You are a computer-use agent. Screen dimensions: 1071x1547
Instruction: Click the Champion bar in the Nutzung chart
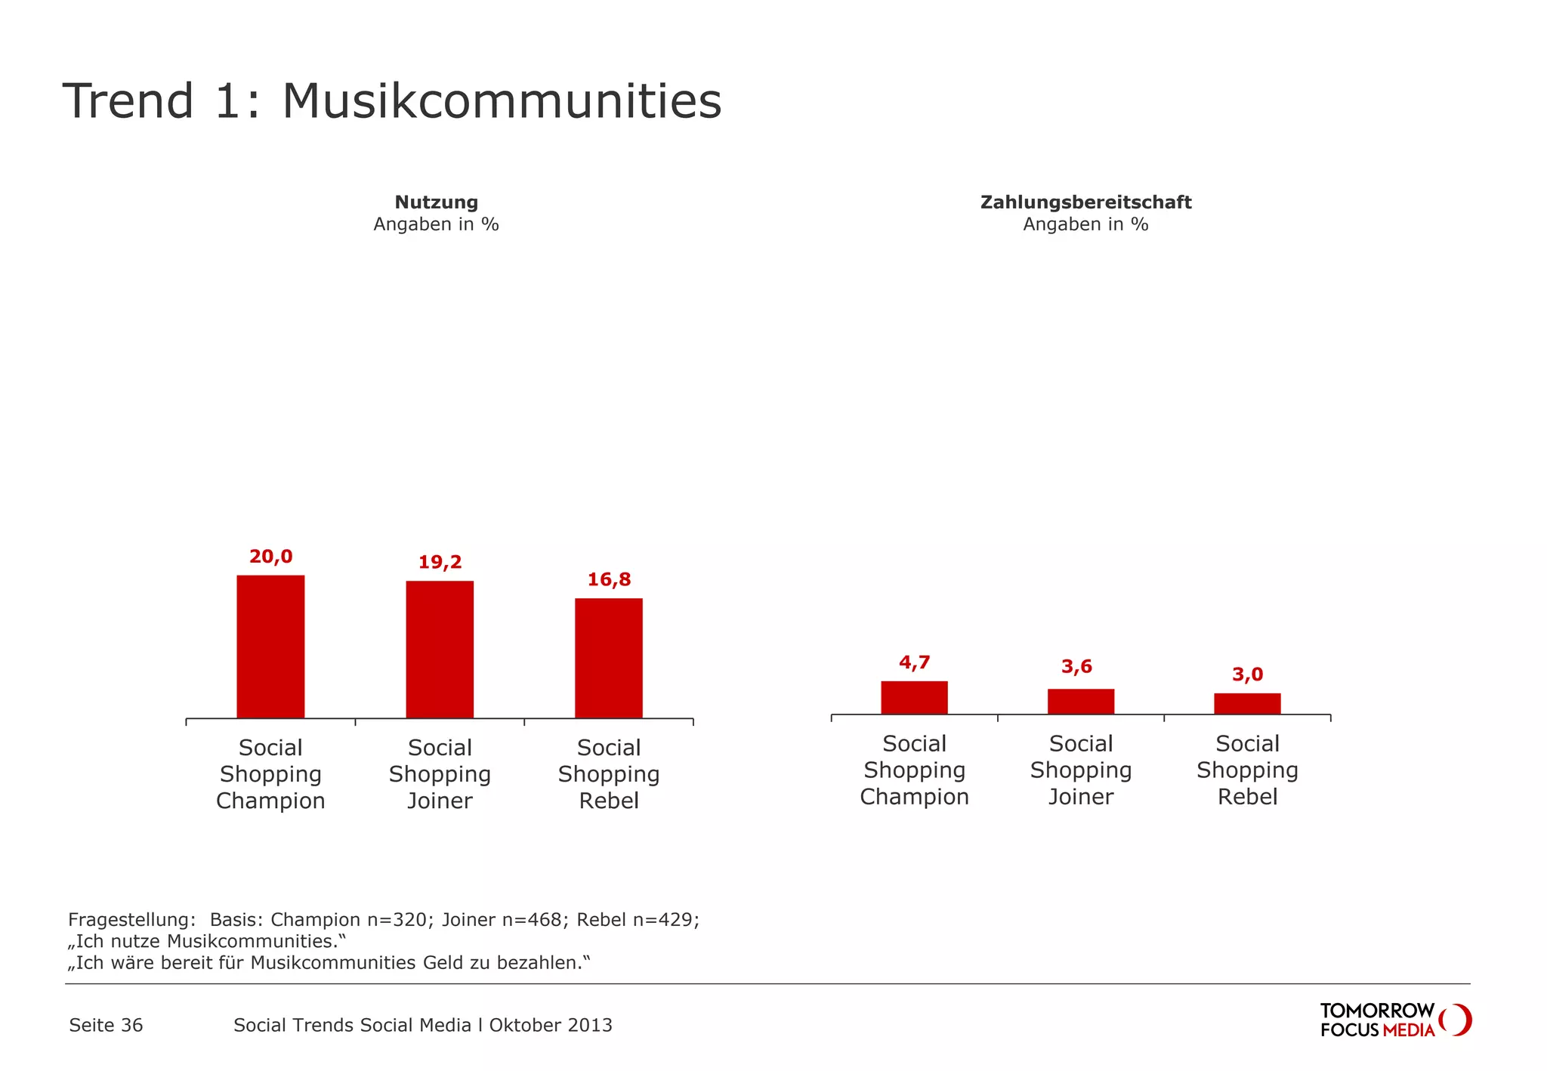point(270,647)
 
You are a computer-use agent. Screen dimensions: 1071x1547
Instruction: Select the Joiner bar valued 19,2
point(440,650)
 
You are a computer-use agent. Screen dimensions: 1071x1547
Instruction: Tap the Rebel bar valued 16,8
point(609,658)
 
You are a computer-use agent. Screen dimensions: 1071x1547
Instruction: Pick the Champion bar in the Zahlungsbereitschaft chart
point(914,698)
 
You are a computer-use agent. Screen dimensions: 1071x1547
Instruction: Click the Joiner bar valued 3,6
point(1080,702)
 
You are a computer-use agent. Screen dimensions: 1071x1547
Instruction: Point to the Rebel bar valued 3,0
point(1247,704)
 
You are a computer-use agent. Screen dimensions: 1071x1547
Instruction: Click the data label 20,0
point(270,557)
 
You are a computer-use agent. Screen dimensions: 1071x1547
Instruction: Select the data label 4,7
point(914,662)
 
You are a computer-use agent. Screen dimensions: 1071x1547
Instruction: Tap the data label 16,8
point(609,579)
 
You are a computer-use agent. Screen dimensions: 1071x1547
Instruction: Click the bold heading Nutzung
point(436,202)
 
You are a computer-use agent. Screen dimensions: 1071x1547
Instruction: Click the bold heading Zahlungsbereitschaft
point(1085,202)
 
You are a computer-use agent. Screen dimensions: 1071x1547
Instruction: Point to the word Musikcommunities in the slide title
point(502,101)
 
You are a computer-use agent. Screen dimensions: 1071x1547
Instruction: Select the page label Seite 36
point(106,1025)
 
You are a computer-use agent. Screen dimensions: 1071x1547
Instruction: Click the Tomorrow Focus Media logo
point(1394,1020)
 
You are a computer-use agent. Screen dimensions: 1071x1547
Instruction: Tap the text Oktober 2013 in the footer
point(551,1025)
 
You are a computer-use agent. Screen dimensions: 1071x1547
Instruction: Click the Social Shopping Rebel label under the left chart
point(609,773)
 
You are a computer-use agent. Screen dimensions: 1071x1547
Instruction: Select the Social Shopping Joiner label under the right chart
point(1080,770)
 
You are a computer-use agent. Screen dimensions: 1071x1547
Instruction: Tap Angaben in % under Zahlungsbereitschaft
point(1085,224)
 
